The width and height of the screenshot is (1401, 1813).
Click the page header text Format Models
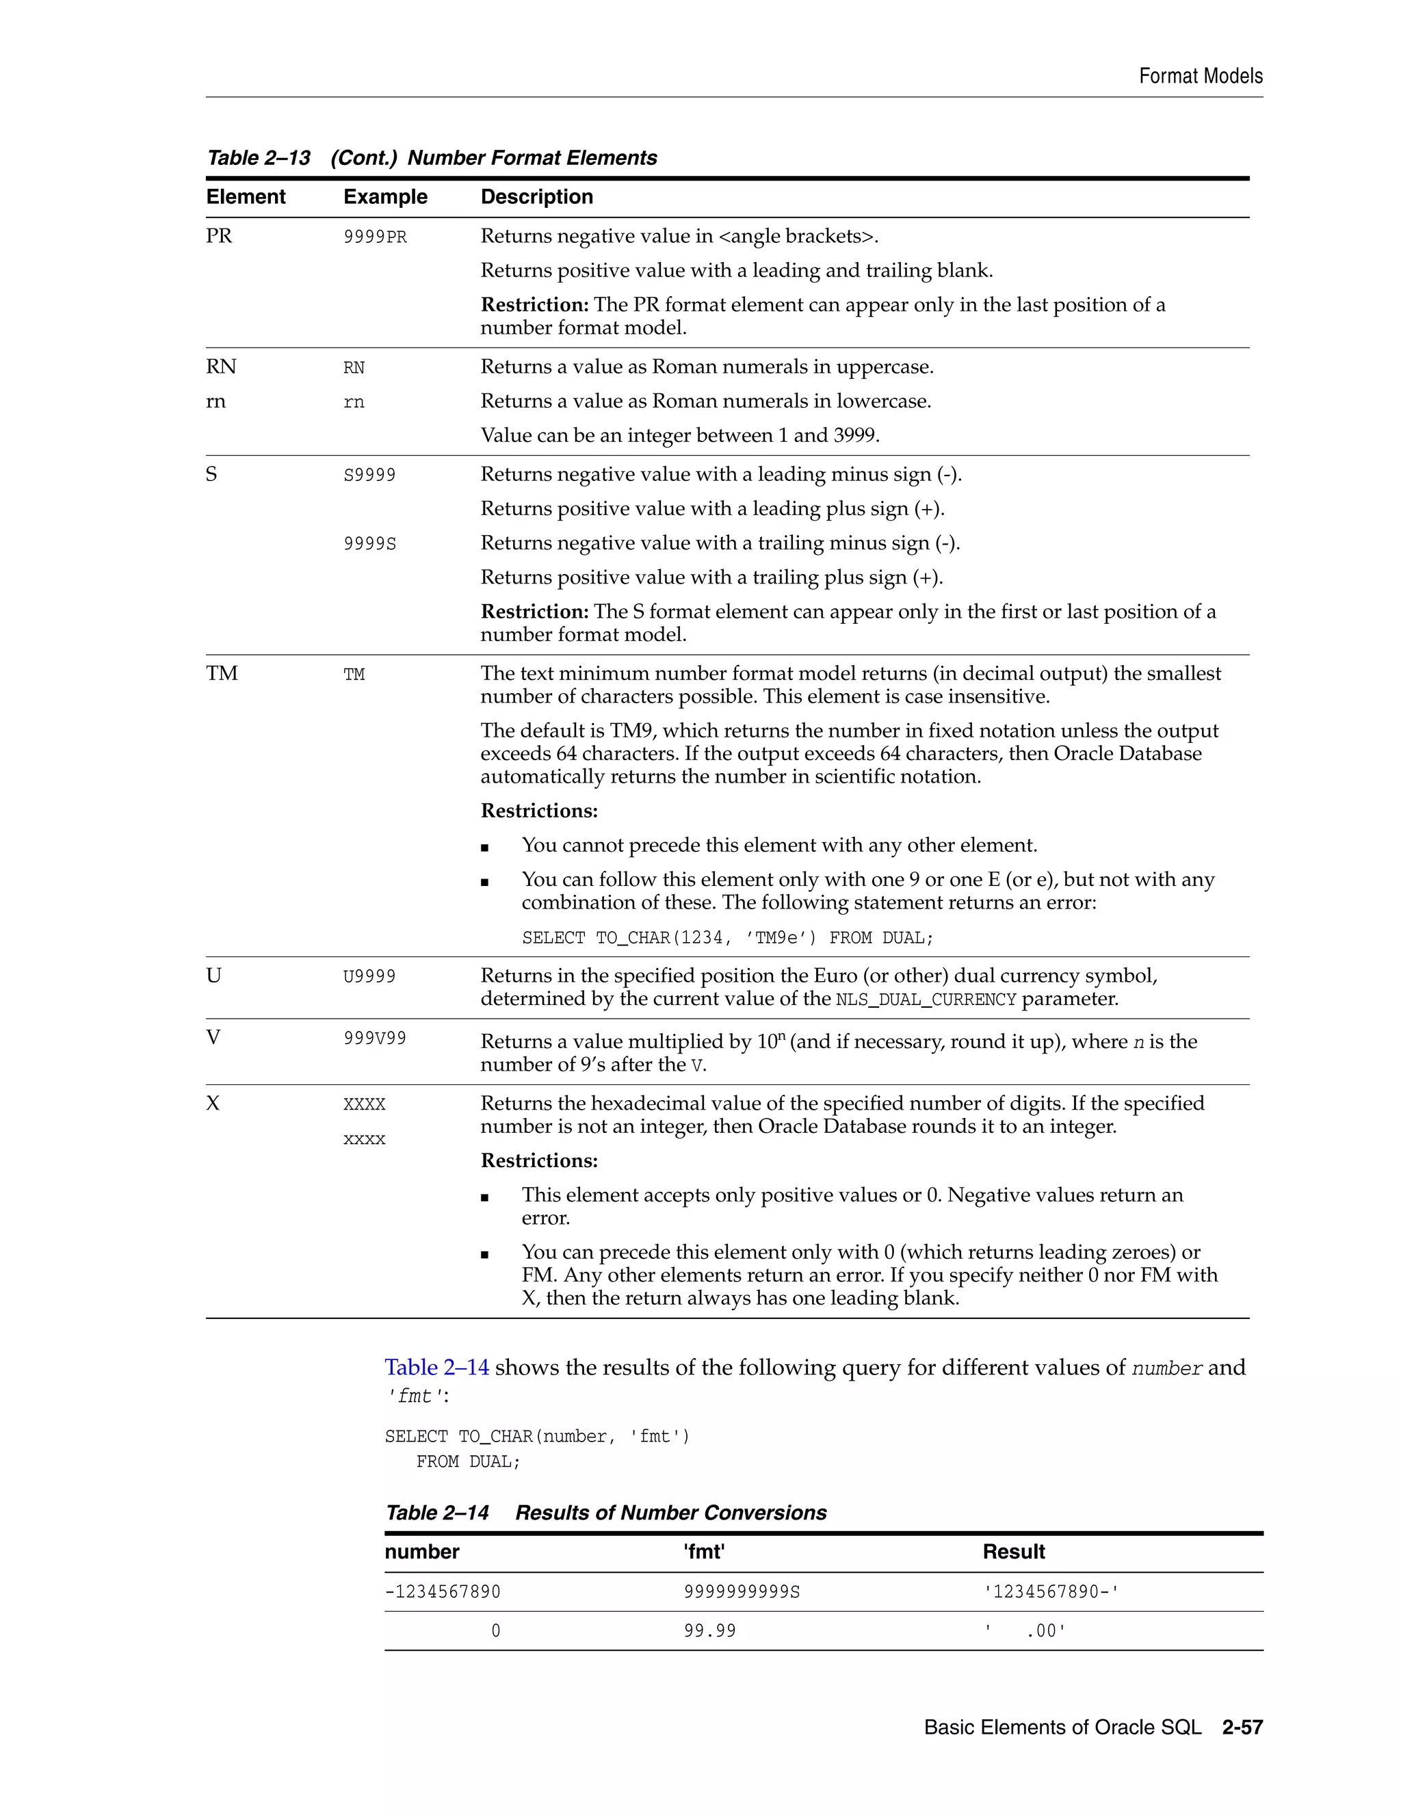(1200, 77)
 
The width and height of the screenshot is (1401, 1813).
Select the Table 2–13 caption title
(432, 158)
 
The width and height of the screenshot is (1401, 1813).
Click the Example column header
(385, 197)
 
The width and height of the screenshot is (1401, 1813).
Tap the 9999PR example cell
(375, 237)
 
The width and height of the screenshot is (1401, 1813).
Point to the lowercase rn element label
(215, 402)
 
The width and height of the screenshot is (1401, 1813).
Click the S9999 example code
(369, 475)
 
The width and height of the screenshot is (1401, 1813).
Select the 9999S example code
(369, 544)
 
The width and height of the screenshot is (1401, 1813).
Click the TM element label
(222, 673)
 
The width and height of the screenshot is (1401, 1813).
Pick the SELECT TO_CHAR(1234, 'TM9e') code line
(727, 938)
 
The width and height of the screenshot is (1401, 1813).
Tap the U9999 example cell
(369, 976)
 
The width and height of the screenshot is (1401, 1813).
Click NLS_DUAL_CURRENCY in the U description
(926, 1000)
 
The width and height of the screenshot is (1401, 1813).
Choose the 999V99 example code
(375, 1039)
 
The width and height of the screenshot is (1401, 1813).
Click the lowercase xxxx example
(365, 1140)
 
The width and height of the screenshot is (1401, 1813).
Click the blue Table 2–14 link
(436, 1367)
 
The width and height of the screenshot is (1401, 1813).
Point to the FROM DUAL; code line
(468, 1462)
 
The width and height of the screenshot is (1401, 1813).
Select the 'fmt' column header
(704, 1552)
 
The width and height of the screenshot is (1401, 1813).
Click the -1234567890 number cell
(443, 1591)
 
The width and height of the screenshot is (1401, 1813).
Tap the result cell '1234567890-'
(1051, 1591)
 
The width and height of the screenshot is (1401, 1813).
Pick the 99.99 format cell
(709, 1630)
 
